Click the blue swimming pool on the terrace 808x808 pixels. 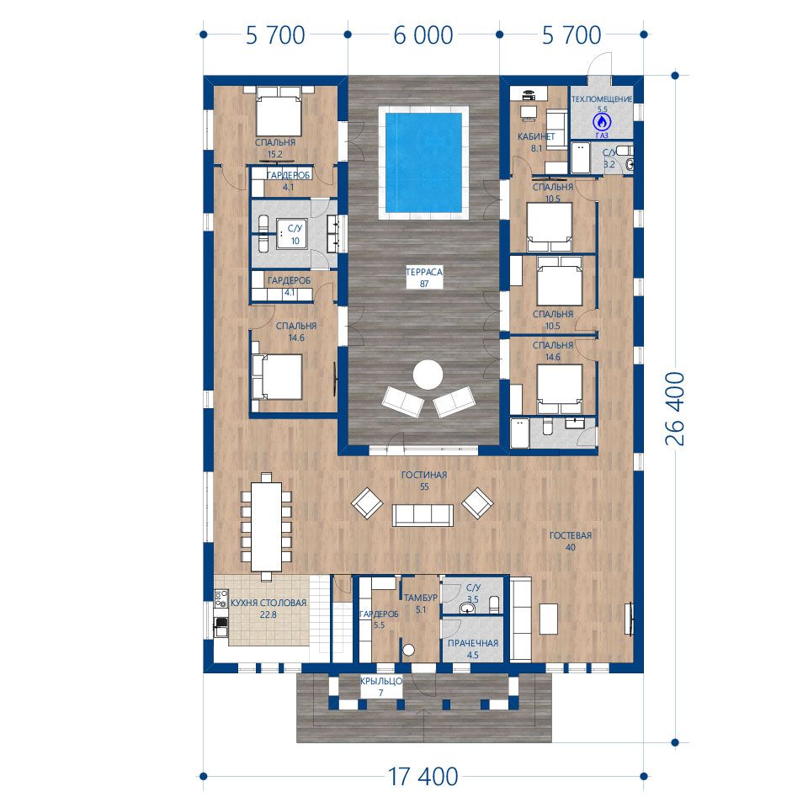coord(423,162)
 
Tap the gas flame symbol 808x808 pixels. coord(601,122)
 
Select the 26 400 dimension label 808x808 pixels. coord(675,409)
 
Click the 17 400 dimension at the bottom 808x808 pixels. coord(423,777)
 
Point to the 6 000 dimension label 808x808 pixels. coord(423,35)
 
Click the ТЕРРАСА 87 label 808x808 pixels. coord(424,277)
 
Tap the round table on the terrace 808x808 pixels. coord(428,375)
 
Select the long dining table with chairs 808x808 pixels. coord(266,527)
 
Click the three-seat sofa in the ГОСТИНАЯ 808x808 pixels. coord(423,515)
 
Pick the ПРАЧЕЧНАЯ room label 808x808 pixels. coord(472,643)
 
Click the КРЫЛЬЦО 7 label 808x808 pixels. coord(380,687)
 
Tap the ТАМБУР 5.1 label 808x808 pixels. coord(421,603)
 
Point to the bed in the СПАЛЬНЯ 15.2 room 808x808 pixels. coord(279,111)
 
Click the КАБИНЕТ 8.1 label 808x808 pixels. coord(536,142)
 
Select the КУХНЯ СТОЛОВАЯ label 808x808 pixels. coord(268,603)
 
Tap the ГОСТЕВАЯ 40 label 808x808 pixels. coord(571,541)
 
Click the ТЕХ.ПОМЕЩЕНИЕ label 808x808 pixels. coord(601,99)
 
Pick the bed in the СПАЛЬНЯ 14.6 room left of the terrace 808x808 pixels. coord(276,377)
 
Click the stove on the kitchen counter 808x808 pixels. coord(221,598)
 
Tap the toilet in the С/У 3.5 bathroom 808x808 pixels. coord(494,604)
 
